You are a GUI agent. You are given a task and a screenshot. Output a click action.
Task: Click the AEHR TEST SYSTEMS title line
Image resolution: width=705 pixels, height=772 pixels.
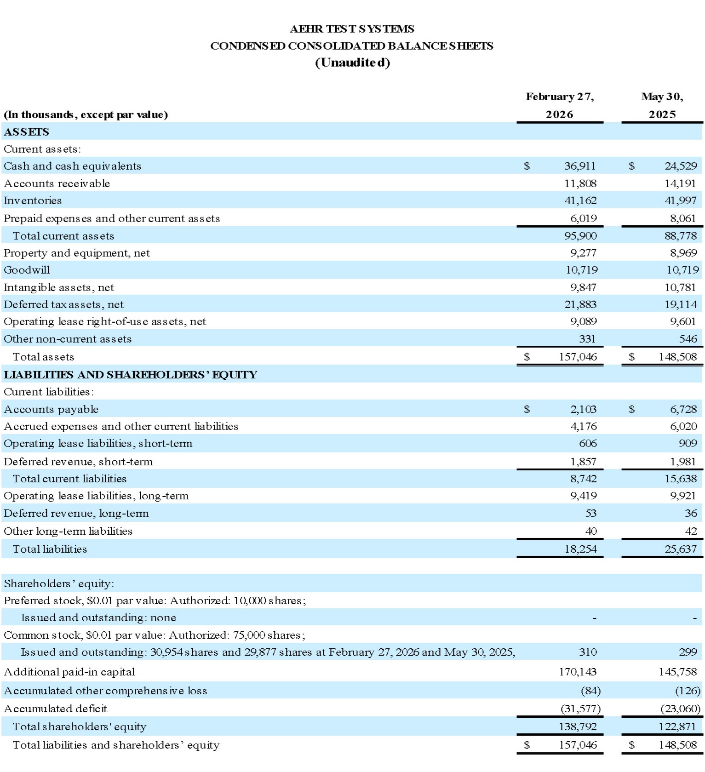[x=352, y=29]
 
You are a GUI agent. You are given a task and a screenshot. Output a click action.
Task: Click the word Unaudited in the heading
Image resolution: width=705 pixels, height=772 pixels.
[x=352, y=63]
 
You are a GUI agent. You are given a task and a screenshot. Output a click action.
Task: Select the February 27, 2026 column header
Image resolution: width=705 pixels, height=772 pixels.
[x=559, y=105]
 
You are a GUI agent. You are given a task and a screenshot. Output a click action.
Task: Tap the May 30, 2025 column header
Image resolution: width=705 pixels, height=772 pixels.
[x=662, y=105]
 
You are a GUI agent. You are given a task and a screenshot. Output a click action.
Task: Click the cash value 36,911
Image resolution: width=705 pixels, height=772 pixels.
[x=579, y=166]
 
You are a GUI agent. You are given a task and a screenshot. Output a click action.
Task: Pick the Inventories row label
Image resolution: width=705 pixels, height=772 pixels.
[x=33, y=200]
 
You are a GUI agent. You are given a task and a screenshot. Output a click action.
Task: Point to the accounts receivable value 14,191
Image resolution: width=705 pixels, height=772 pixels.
[x=680, y=183]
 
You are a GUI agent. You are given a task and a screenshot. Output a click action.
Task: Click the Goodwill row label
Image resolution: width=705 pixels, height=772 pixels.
[x=27, y=270]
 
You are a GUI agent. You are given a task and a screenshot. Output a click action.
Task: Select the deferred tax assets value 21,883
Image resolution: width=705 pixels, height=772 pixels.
[x=580, y=304]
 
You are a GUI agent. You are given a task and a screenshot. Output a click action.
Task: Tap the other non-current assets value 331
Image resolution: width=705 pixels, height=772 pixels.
[x=587, y=339]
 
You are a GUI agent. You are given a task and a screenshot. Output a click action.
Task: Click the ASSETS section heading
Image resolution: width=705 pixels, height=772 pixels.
[x=26, y=132]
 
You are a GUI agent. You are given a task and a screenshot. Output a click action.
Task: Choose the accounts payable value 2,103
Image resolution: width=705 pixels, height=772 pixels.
[x=583, y=409]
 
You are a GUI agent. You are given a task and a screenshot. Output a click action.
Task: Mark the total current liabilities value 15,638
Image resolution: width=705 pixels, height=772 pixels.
[x=680, y=479]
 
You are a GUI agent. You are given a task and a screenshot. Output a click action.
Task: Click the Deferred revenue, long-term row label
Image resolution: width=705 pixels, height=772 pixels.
[x=76, y=513]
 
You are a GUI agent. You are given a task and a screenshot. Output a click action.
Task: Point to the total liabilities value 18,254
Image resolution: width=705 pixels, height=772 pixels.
[x=580, y=549]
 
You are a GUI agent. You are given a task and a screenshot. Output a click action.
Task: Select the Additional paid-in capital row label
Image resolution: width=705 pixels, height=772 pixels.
[x=69, y=672]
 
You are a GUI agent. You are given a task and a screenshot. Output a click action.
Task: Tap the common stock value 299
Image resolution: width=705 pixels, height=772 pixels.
[x=688, y=652]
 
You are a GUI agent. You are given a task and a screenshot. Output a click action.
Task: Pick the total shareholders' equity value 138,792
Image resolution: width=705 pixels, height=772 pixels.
[x=578, y=726]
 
